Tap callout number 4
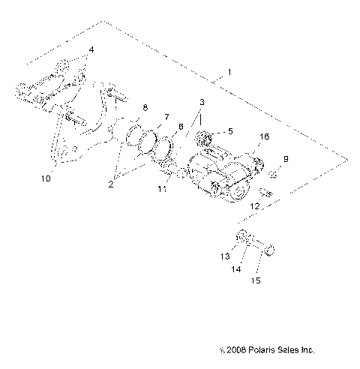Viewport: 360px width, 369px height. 92,50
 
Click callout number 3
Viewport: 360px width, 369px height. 200,101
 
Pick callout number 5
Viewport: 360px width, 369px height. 229,131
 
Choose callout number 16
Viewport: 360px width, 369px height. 263,137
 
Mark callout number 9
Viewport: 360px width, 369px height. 286,159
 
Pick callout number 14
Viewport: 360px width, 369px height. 238,268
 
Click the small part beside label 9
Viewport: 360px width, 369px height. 274,173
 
